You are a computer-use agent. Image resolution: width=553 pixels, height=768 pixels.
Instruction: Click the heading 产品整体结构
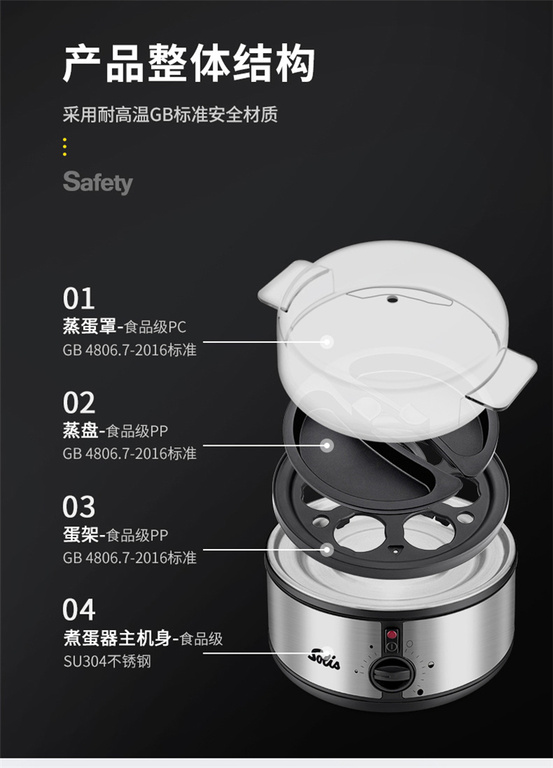pos(189,63)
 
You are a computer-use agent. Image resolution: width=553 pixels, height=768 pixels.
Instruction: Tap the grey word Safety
pos(98,182)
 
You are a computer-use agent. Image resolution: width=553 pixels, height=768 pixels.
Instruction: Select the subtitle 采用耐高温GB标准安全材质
pos(170,114)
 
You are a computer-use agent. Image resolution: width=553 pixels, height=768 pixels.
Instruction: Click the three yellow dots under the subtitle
pos(65,147)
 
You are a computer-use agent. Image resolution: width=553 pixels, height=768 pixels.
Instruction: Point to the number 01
pos(78,299)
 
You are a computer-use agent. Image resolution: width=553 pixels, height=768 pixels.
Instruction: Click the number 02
pos(78,402)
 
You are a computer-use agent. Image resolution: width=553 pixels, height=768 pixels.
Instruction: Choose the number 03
pos(78,506)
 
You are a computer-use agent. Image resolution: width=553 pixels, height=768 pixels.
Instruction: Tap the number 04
pos(78,610)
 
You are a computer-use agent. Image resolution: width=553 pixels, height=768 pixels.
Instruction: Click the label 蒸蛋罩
pos(89,327)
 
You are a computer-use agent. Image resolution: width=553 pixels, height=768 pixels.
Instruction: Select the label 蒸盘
pos(80,430)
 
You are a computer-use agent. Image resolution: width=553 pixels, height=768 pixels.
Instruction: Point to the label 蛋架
pos(80,534)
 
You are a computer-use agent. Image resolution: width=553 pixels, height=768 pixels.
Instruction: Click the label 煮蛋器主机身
pos(116,638)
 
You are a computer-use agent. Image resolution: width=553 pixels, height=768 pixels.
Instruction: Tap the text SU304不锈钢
pos(107,661)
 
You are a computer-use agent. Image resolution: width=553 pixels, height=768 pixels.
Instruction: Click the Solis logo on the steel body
pos(324,657)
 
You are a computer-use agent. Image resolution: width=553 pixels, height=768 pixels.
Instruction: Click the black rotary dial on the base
pos(389,674)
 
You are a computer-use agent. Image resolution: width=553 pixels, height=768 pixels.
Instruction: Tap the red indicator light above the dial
pos(392,635)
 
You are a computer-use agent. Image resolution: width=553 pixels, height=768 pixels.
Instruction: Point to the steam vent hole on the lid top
pos(392,299)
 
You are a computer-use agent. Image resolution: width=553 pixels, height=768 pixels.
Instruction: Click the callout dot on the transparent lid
pos(327,341)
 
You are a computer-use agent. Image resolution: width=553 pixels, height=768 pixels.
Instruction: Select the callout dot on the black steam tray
pos(327,445)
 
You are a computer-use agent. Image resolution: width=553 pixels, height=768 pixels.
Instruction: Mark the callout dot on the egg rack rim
pos(327,550)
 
